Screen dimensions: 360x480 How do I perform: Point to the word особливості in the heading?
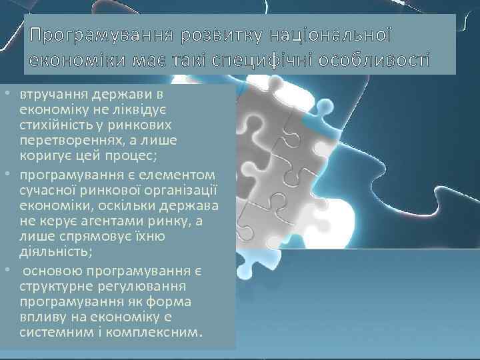379,61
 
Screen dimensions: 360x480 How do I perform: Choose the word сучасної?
47,188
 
